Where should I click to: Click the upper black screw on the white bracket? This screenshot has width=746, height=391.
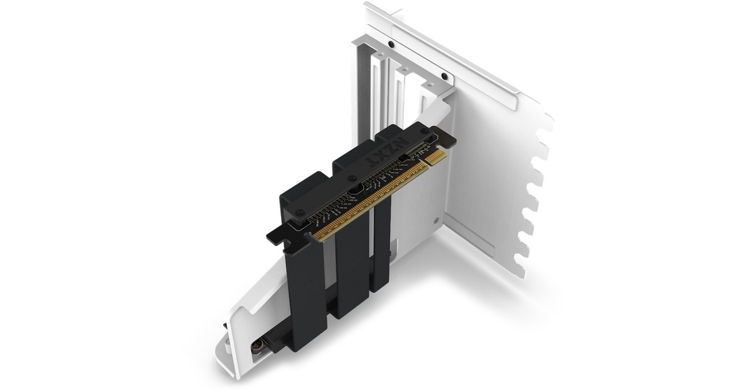tap(390, 45)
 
